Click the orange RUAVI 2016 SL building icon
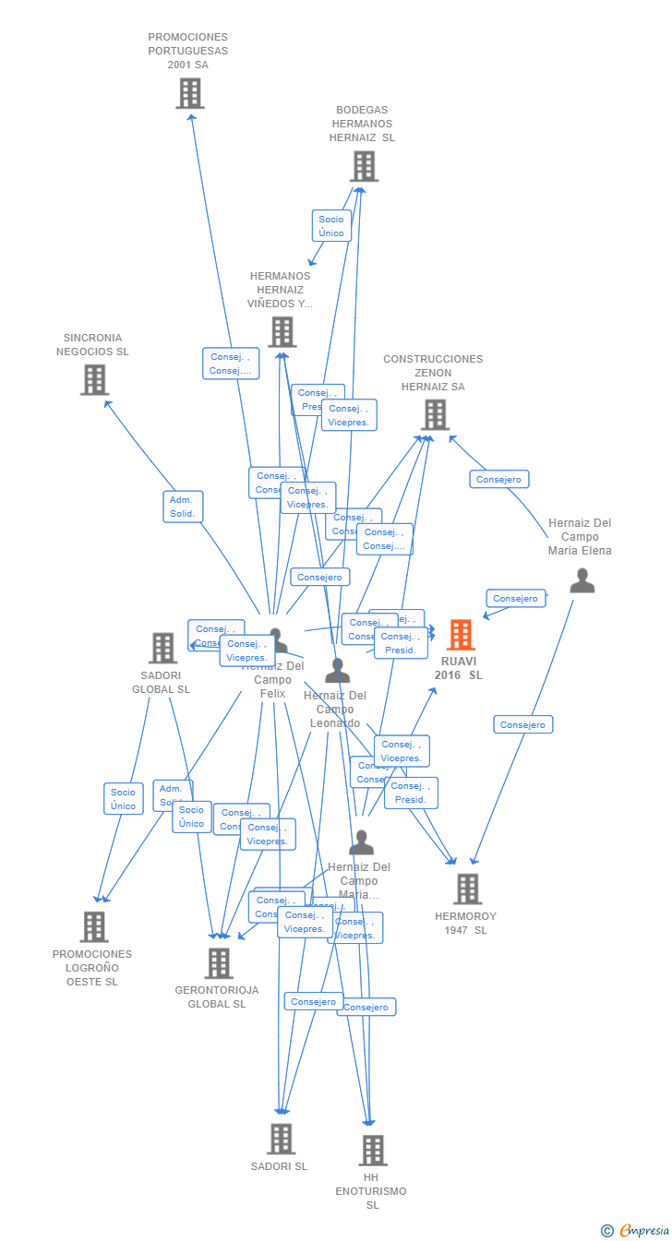point(461,635)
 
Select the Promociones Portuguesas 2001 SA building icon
point(190,93)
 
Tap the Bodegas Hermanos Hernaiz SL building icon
point(364,166)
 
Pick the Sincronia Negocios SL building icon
point(94,379)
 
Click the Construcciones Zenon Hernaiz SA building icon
point(436,415)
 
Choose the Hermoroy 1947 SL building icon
point(467,889)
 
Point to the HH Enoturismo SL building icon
point(372,1150)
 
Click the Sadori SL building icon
point(281,1139)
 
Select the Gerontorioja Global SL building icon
point(219,963)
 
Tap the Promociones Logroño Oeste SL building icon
point(94,926)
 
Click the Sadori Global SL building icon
point(162,648)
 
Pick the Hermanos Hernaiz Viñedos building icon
point(282,332)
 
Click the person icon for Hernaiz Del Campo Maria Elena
point(582,580)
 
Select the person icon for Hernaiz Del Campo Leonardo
point(337,671)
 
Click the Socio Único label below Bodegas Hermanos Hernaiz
point(331,226)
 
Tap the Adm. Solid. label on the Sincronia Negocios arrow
point(183,507)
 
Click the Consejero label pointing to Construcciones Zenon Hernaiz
point(499,479)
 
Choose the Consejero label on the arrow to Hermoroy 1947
point(523,724)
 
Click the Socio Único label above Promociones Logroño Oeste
point(123,799)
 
